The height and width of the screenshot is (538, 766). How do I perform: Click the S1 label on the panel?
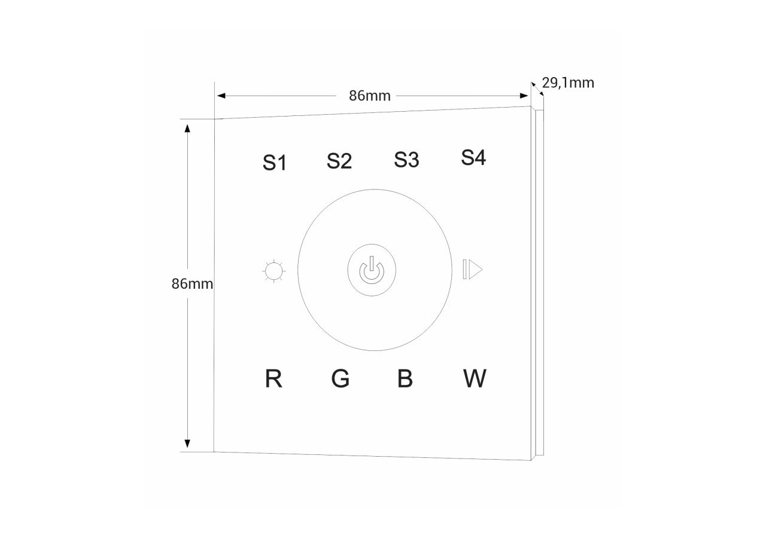[x=274, y=163]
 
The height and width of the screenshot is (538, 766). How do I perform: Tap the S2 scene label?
[x=339, y=161]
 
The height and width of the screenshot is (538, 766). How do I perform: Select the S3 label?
[x=406, y=160]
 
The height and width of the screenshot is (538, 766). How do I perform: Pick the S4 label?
[x=473, y=157]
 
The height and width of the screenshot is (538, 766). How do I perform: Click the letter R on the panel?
[x=273, y=378]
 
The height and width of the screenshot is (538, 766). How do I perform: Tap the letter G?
[x=341, y=378]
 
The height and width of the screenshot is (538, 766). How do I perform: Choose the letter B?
[x=405, y=378]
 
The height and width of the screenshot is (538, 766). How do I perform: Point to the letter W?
[x=475, y=378]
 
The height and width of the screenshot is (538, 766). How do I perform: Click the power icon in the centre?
[x=372, y=270]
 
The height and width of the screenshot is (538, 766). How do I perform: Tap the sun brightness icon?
[x=274, y=271]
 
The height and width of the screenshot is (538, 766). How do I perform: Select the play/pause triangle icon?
[x=473, y=269]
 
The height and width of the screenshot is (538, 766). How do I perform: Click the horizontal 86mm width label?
[x=370, y=96]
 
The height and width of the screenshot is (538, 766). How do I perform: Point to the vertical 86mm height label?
[x=192, y=284]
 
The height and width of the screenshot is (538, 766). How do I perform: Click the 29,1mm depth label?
[x=568, y=83]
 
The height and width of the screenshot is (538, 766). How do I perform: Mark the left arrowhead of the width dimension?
[x=221, y=96]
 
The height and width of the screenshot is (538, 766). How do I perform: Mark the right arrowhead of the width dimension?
[x=524, y=96]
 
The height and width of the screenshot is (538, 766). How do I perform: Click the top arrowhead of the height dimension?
[x=187, y=129]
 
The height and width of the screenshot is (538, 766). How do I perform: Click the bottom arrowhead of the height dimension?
[x=187, y=444]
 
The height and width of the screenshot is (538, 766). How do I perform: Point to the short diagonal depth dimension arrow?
[x=537, y=89]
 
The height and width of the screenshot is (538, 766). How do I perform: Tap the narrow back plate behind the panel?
[x=540, y=283]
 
